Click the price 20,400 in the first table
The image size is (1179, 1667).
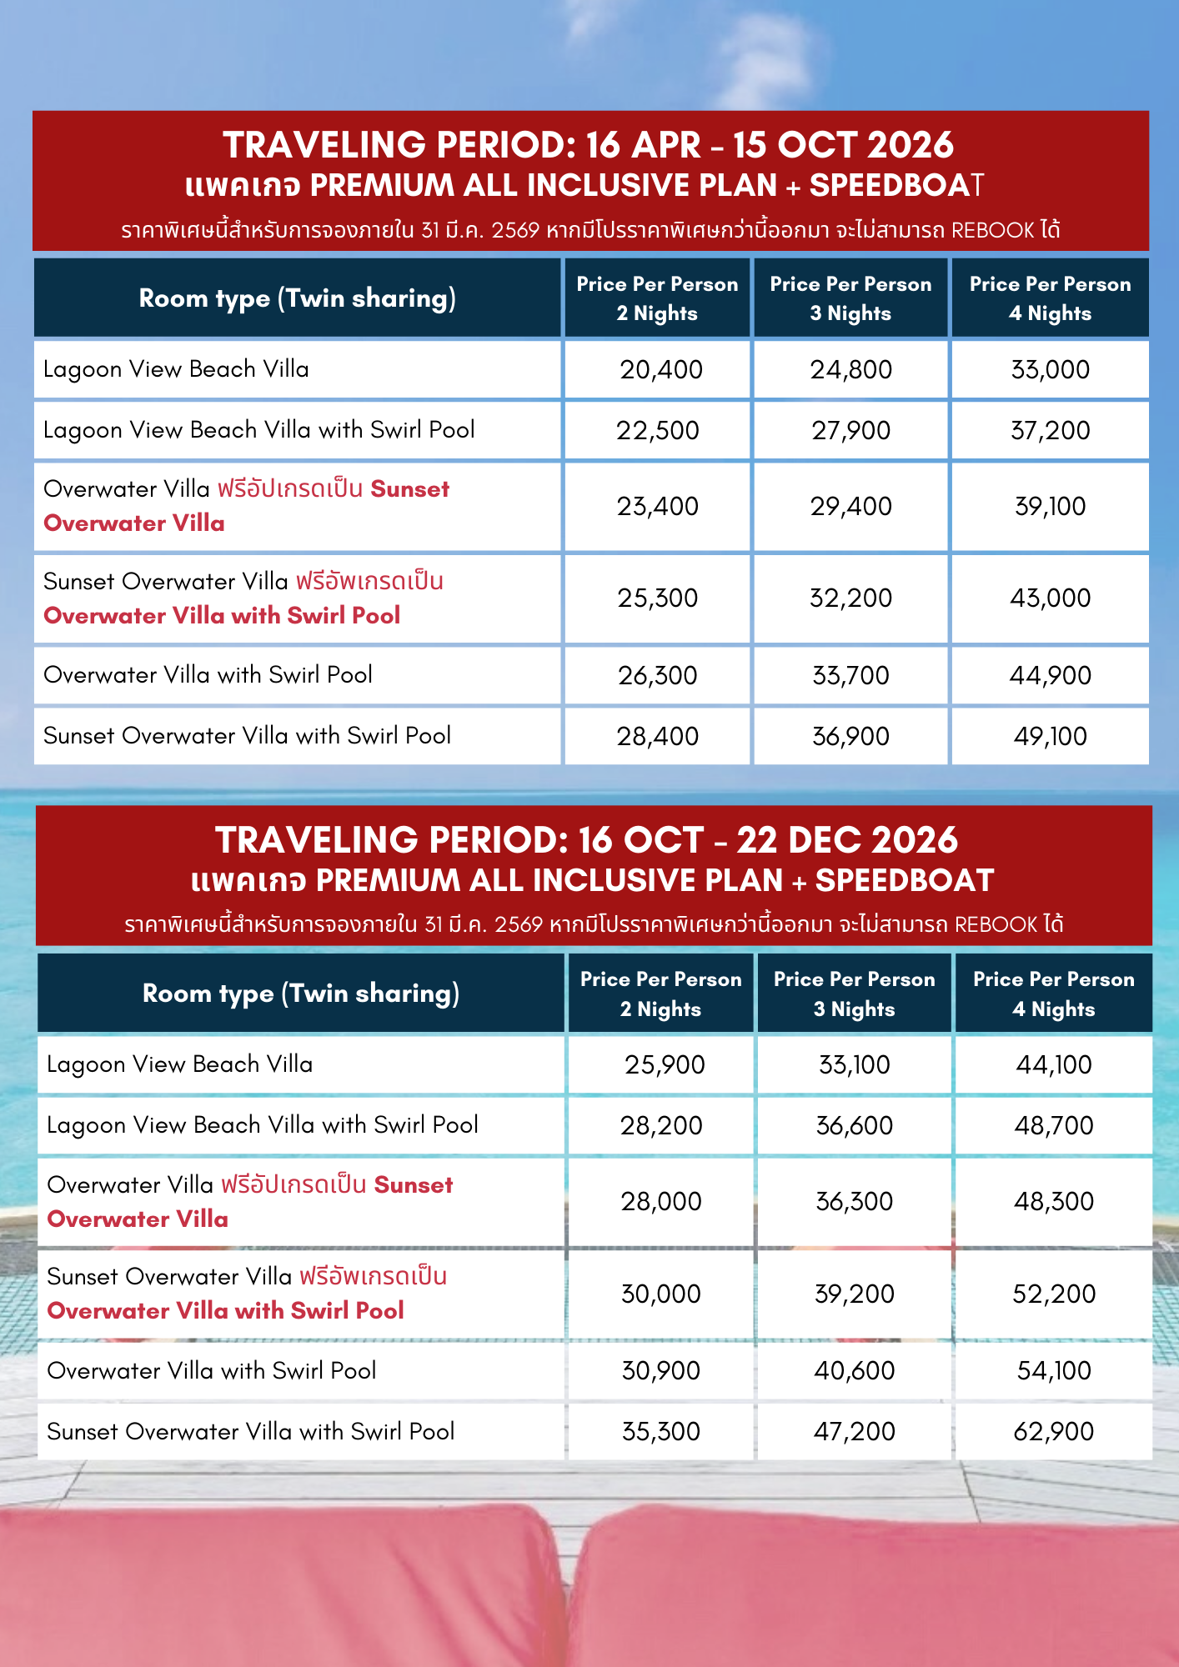660,369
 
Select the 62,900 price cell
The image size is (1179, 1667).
1053,1431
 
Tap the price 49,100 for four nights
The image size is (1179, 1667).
1050,736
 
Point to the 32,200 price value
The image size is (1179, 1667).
850,598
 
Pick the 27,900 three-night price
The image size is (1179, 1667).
850,430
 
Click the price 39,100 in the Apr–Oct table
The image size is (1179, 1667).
1050,506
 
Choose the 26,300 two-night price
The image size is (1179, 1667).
657,675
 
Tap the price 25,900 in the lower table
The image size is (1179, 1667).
665,1064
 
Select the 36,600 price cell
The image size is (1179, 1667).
854,1125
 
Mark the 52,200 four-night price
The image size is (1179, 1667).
1053,1294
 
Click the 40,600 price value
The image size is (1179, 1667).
854,1370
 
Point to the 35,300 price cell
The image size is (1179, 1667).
660,1431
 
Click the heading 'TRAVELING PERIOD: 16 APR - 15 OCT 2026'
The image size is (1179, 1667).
588,145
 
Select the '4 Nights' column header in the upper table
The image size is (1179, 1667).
1050,313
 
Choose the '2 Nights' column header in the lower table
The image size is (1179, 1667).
660,1009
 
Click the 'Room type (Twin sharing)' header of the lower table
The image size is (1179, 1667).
300,994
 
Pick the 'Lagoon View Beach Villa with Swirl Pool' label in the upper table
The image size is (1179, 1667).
258,430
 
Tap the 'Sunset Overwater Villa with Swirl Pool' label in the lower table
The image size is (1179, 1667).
250,1431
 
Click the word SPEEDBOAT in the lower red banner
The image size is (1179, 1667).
904,880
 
